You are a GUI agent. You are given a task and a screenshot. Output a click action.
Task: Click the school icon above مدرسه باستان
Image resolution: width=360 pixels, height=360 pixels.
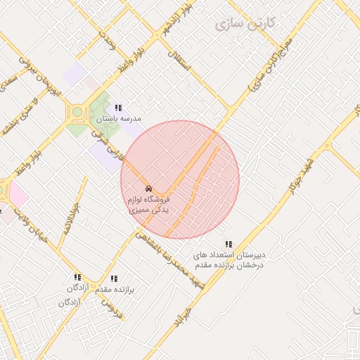[x=118, y=108]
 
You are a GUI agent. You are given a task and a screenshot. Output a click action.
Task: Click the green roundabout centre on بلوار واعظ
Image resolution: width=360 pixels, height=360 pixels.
[x=76, y=111]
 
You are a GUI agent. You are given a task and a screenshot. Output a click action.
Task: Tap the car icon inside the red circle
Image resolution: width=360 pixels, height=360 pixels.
[x=148, y=189]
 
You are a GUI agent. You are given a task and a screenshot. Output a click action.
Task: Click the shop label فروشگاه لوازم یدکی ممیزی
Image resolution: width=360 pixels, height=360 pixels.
[x=149, y=205]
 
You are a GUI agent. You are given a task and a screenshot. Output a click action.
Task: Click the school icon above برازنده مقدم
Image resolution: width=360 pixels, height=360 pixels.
[x=115, y=278]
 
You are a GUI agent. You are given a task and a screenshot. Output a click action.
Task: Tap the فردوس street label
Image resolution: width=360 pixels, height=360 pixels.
[x=112, y=308]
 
